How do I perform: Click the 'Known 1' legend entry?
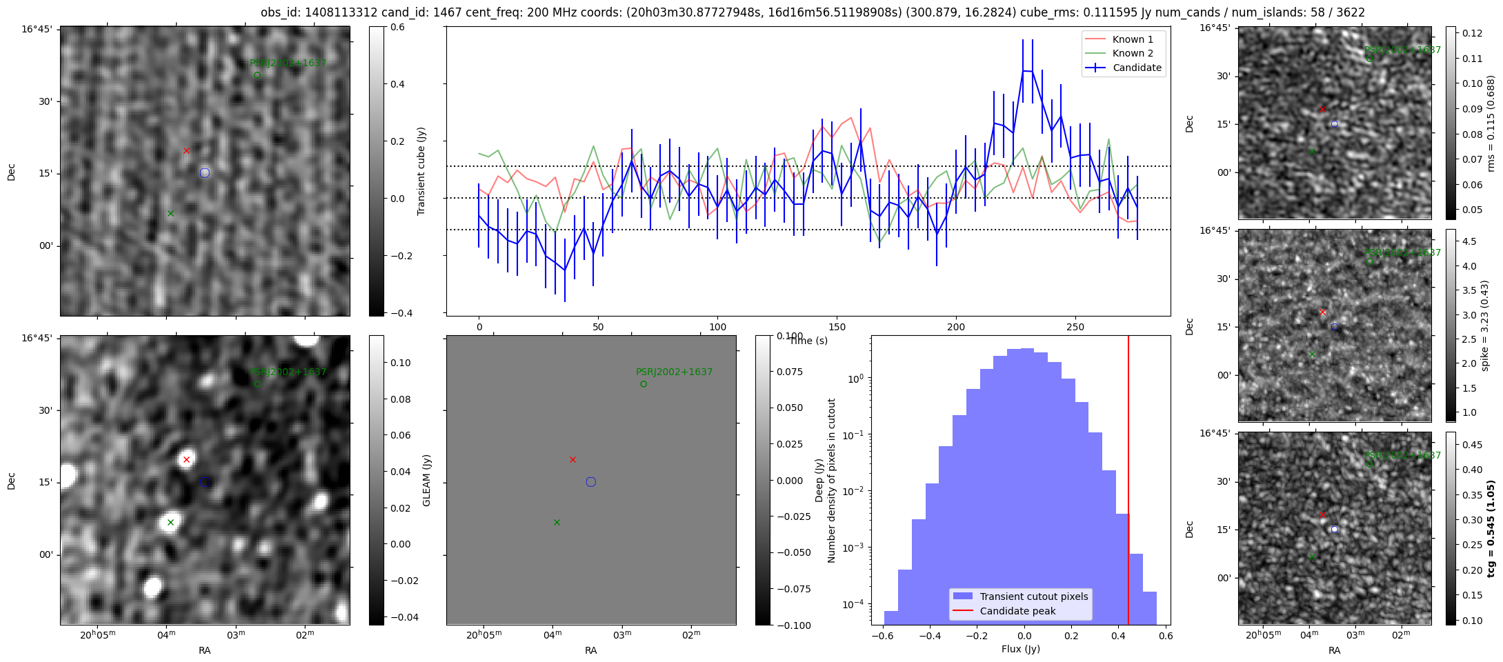coord(1132,39)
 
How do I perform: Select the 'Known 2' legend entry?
coord(1132,53)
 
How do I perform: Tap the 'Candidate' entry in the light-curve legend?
coord(1137,68)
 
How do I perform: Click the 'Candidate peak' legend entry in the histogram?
coord(1017,611)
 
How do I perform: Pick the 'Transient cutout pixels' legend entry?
coord(1033,596)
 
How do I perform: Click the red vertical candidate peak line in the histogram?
coord(1128,483)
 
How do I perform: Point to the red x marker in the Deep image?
coord(186,459)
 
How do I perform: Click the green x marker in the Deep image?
coord(170,522)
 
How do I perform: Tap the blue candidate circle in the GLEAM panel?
coord(590,482)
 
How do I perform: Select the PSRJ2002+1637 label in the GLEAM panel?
coord(674,372)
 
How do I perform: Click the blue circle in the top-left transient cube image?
coord(204,173)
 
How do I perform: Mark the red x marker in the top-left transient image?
coord(186,150)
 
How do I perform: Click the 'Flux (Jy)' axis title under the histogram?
coord(1020,649)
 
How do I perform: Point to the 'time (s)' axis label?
coord(808,341)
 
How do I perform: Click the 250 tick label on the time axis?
coord(1075,327)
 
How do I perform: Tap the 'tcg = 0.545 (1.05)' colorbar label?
coord(1491,529)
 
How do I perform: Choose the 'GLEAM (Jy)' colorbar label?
coord(426,481)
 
